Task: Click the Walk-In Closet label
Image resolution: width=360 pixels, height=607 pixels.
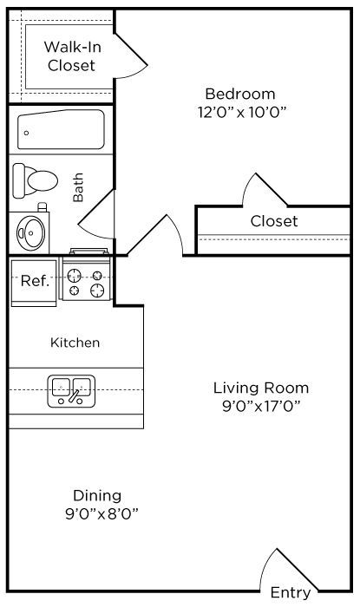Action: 72,56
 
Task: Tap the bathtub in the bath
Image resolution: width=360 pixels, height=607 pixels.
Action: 62,130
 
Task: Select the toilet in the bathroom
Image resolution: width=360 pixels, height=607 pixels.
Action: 36,180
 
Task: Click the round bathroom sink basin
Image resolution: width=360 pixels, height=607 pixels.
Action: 31,232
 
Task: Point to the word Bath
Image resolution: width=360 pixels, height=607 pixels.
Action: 78,187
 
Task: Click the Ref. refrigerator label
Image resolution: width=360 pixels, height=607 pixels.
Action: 35,281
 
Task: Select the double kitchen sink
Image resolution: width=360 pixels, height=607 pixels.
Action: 71,391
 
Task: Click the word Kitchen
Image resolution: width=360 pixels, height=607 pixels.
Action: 75,343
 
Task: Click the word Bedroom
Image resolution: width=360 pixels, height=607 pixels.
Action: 240,94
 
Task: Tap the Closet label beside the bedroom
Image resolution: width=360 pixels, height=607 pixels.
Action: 274,221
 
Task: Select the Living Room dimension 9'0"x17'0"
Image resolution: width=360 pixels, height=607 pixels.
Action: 261,406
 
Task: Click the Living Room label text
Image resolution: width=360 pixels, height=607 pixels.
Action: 261,388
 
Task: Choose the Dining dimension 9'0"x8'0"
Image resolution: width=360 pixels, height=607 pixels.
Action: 101,514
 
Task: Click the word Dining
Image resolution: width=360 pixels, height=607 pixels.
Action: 97,496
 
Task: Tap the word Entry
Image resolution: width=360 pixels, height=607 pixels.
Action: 291,592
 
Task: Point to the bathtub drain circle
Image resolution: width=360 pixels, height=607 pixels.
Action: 26,134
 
